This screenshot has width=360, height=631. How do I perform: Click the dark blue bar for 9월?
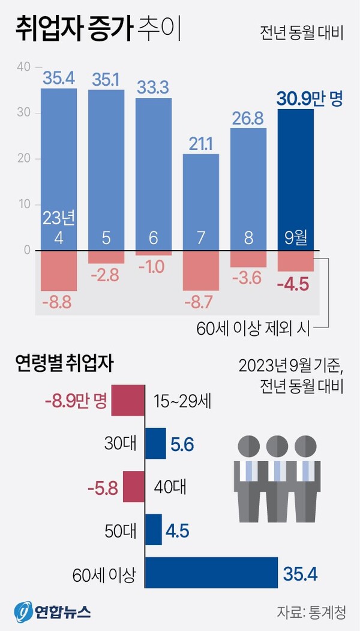[296, 180]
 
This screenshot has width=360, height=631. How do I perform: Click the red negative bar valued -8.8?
[59, 270]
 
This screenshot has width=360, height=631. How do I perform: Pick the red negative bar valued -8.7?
[201, 270]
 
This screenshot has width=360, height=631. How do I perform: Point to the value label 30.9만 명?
[310, 98]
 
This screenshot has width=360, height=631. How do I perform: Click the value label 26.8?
[248, 118]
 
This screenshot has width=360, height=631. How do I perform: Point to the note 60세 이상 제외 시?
[251, 328]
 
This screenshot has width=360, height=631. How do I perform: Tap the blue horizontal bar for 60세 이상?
[212, 572]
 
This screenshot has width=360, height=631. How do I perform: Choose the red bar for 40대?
[134, 486]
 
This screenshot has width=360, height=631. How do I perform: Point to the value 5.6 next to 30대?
[182, 444]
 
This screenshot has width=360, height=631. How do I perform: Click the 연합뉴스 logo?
[53, 611]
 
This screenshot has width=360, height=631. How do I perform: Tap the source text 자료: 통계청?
[311, 612]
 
